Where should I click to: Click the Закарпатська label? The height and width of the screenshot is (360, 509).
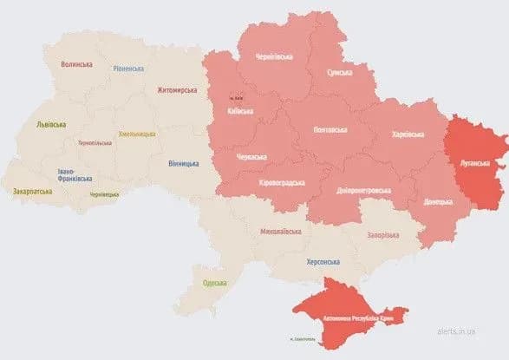(32, 190)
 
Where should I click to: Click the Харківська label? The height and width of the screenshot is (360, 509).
(408, 134)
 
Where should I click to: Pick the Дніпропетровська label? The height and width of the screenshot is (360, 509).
(363, 190)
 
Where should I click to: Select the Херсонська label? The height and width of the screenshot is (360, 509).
(322, 261)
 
